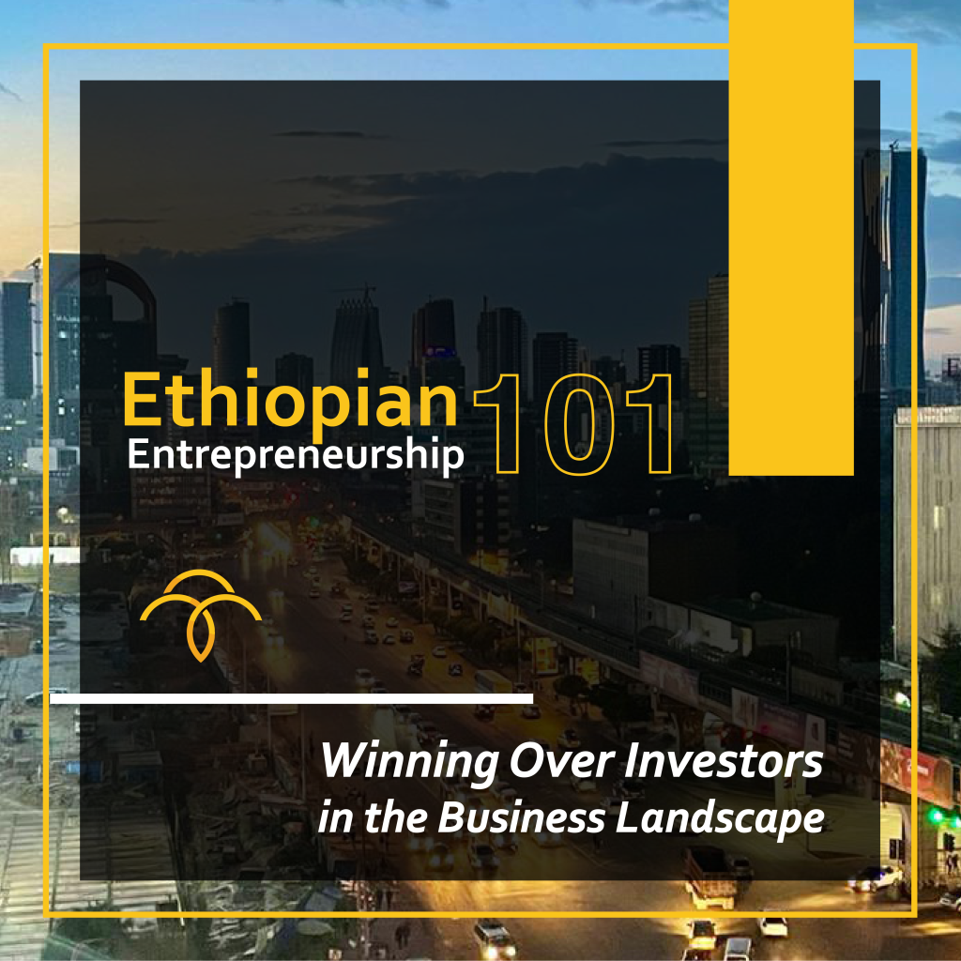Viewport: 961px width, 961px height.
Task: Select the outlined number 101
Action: tap(573, 424)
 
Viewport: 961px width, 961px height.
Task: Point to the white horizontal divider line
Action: tap(291, 698)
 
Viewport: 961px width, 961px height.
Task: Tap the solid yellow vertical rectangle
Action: tap(791, 237)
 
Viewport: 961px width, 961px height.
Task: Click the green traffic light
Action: tap(936, 816)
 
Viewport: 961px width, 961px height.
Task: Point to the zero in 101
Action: tap(579, 425)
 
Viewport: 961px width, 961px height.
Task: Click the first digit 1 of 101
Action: tap(497, 424)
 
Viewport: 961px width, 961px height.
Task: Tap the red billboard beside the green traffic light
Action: tap(916, 773)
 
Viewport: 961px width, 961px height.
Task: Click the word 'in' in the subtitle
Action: tap(336, 818)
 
